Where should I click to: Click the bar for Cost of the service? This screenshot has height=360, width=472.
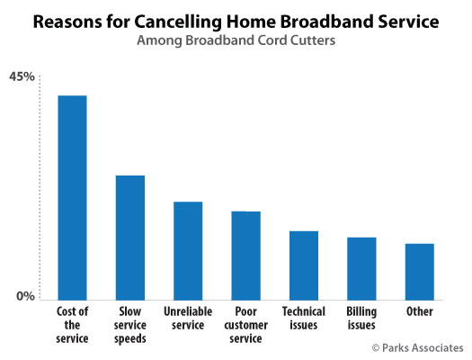(x=72, y=198)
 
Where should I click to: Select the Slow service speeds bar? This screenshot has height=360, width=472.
(x=130, y=238)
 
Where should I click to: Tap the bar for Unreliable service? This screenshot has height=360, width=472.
(x=188, y=250)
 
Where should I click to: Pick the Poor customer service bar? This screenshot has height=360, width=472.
(x=246, y=256)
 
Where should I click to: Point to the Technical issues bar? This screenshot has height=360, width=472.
(x=304, y=265)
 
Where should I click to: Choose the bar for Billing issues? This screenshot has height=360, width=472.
(x=361, y=269)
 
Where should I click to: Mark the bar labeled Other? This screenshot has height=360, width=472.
(x=420, y=272)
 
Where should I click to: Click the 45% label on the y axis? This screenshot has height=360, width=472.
(x=22, y=76)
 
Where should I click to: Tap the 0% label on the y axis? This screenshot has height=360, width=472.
(x=25, y=296)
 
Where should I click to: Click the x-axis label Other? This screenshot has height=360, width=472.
(x=420, y=311)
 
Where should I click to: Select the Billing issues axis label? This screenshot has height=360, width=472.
(x=361, y=319)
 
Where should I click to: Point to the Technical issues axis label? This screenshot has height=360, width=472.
(x=304, y=318)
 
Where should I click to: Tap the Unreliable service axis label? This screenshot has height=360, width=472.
(x=188, y=318)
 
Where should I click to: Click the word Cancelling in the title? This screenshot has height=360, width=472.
(x=178, y=22)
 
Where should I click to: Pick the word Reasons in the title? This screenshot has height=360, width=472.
(x=67, y=22)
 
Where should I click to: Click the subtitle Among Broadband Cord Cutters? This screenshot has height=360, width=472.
(x=236, y=40)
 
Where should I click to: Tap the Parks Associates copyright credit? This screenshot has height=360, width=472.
(x=418, y=348)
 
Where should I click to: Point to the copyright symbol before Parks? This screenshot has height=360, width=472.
(x=376, y=348)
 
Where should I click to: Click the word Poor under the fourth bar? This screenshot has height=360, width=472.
(x=246, y=311)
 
